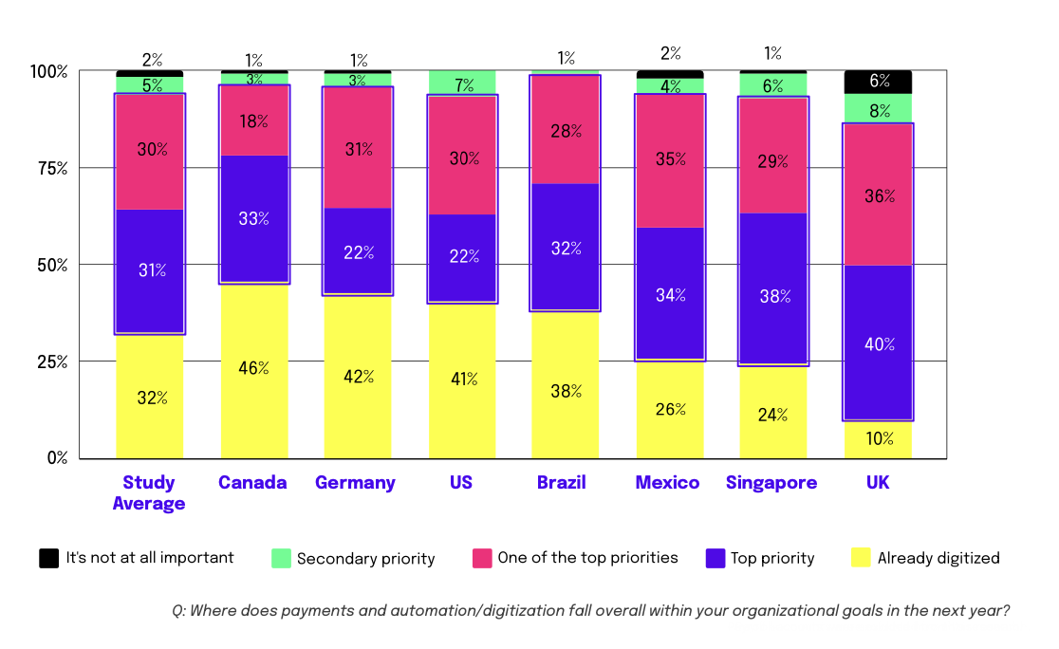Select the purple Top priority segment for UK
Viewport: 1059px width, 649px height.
[x=878, y=343]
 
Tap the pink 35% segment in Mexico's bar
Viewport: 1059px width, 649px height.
[x=670, y=159]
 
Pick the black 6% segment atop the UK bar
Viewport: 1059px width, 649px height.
[x=878, y=82]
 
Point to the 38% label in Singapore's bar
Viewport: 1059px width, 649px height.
[x=774, y=295]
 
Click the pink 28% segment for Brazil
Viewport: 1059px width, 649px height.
[x=566, y=130]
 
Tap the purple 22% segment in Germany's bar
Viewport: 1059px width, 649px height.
[x=358, y=251]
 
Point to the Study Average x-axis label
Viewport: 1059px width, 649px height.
[x=149, y=492]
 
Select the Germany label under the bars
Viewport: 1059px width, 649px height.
[x=355, y=482]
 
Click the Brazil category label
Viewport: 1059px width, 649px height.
[x=562, y=482]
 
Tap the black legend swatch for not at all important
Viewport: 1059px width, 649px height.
[x=48, y=558]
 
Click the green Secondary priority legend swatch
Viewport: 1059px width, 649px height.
[x=280, y=558]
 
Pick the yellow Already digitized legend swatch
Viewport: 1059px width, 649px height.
[x=861, y=558]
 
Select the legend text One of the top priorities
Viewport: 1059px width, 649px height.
[x=587, y=558]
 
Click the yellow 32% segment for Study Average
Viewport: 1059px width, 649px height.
[x=150, y=397]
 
